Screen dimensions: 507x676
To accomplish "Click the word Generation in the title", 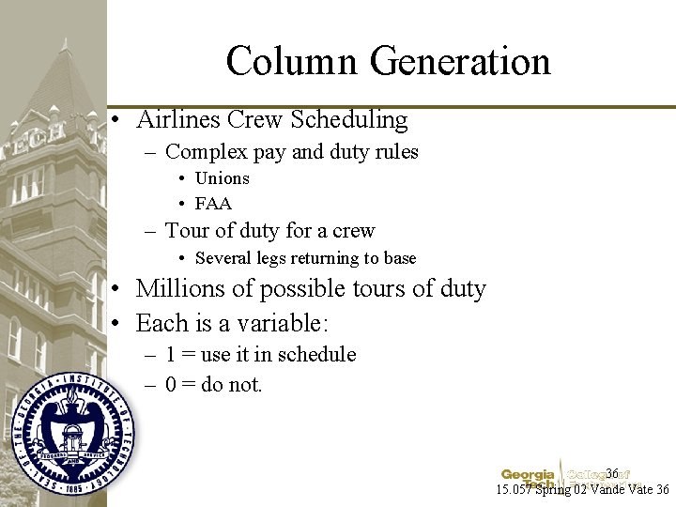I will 459,62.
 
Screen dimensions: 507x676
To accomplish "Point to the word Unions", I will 222,178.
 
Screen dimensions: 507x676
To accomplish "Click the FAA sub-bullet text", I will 213,204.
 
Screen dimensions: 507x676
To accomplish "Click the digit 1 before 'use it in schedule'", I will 171,355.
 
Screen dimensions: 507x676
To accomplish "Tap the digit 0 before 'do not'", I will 171,385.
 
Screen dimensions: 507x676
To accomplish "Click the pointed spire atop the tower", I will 65,47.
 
